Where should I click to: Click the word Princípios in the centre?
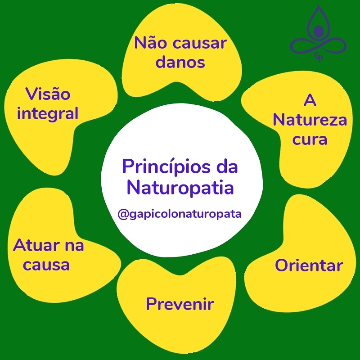[x=162, y=167]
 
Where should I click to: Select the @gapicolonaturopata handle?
[x=180, y=214]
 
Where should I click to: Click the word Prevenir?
[x=180, y=305]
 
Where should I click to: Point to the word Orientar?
[x=309, y=265]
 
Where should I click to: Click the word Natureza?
[x=310, y=121]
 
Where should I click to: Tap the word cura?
[x=310, y=139]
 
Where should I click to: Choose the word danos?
[x=180, y=62]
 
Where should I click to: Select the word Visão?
[x=48, y=94]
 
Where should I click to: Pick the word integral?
[x=48, y=113]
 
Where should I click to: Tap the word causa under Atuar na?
[x=46, y=265]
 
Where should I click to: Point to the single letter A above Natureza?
[x=310, y=101]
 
